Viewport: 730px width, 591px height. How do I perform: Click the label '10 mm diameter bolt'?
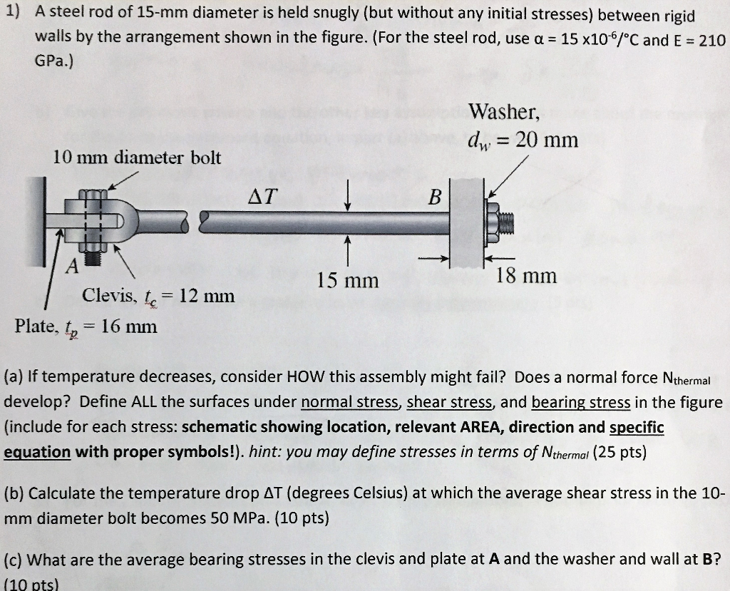pyautogui.click(x=137, y=158)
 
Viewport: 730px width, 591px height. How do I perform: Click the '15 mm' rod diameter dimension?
pyautogui.click(x=348, y=280)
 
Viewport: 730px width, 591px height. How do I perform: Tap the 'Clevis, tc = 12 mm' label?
pyautogui.click(x=158, y=294)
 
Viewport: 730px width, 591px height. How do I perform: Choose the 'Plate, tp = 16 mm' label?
pyautogui.click(x=86, y=327)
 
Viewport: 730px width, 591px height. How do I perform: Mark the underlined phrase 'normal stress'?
pyautogui.click(x=349, y=402)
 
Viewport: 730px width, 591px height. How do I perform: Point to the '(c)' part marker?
pyautogui.click(x=14, y=559)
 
